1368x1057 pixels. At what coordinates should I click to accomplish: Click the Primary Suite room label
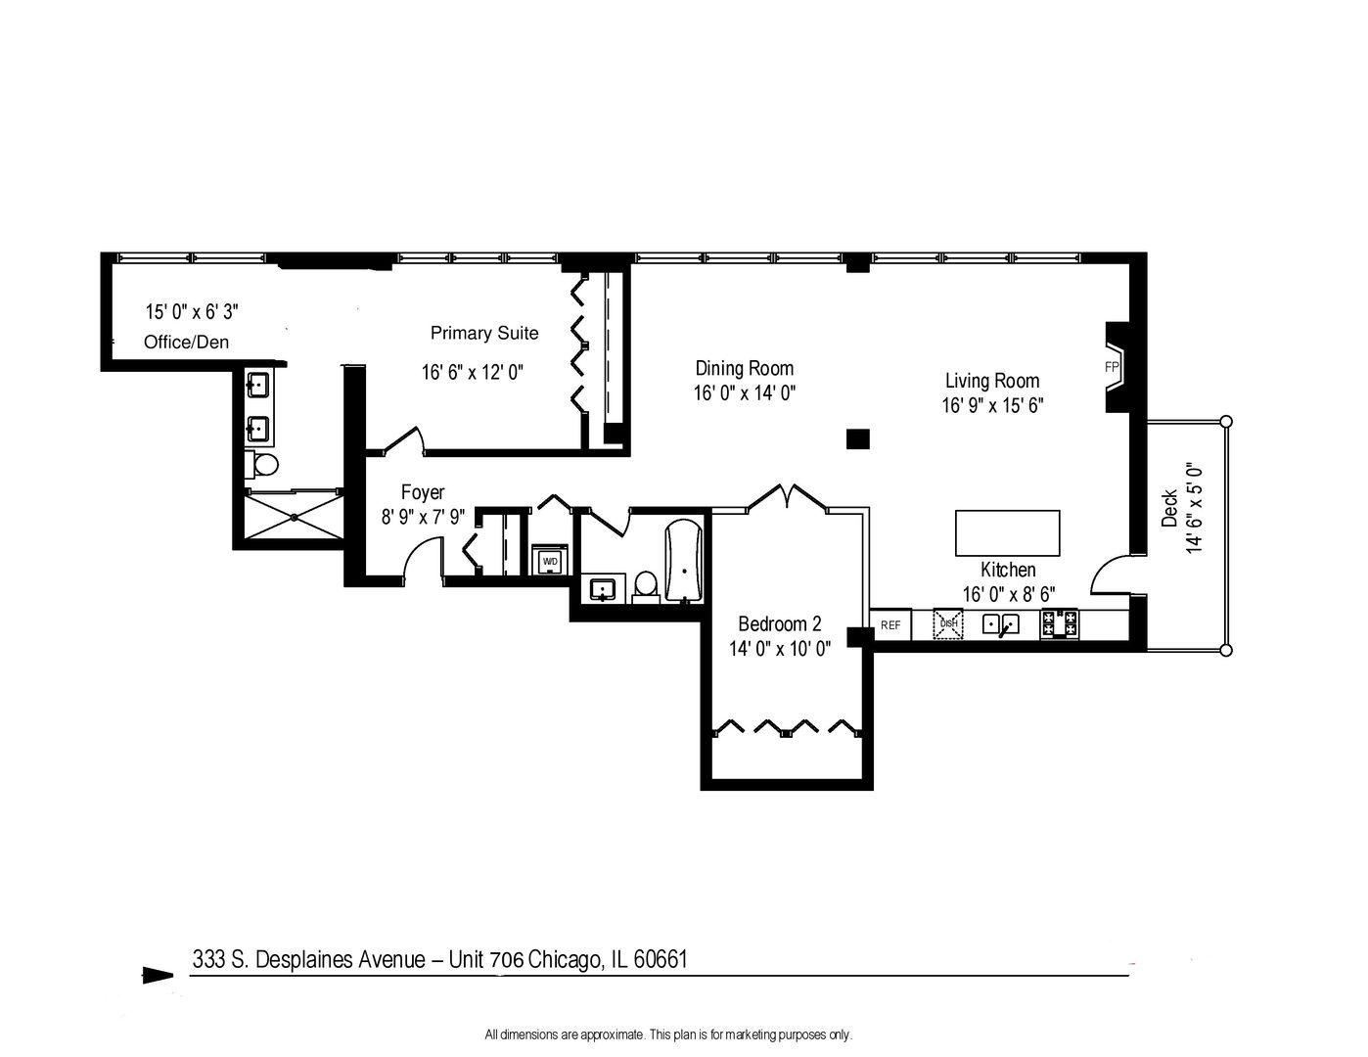pos(483,333)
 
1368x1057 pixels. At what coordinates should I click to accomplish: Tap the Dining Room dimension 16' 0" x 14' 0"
pos(744,393)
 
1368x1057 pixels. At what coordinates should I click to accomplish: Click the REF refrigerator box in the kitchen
pos(890,624)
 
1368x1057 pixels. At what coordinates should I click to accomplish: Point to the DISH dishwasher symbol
pos(948,623)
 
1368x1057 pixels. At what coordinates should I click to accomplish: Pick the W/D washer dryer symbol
pos(550,560)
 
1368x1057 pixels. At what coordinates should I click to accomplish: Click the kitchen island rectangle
pos(1007,532)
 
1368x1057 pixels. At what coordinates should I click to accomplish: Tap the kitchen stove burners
pos(1059,623)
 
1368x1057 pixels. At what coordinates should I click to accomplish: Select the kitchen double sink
pos(1001,623)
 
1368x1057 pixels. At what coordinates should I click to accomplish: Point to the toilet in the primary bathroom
pos(262,465)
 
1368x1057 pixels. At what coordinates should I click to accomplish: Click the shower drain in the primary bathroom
pos(294,517)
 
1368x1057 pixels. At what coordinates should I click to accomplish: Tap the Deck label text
pos(1169,508)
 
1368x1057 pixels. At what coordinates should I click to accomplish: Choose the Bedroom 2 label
pos(779,623)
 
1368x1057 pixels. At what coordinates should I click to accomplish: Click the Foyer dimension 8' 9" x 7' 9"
pos(423,517)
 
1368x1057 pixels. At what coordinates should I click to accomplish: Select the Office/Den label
pos(186,342)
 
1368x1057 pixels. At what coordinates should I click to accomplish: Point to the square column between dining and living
pos(857,438)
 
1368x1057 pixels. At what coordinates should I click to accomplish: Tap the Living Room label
pos(992,381)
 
